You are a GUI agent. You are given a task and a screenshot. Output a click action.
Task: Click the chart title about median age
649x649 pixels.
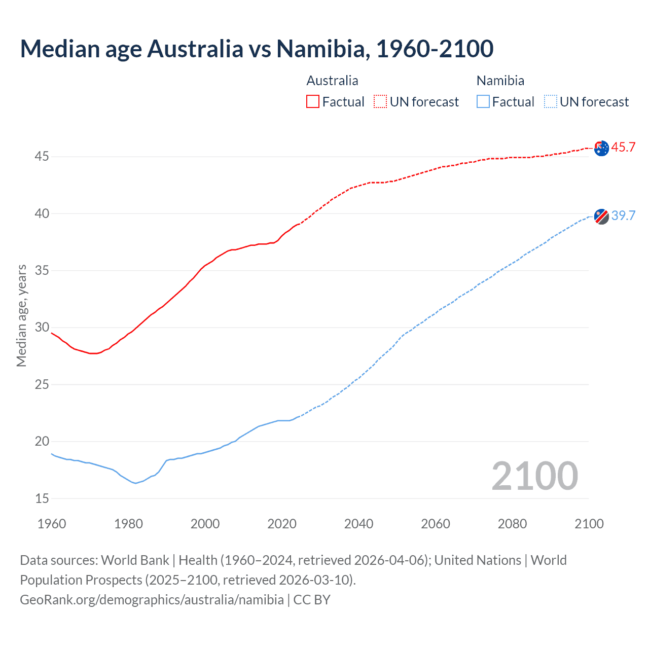[257, 49]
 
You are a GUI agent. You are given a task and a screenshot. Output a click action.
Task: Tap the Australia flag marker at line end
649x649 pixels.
[601, 148]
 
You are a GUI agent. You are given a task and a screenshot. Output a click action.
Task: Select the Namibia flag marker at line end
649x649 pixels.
[601, 216]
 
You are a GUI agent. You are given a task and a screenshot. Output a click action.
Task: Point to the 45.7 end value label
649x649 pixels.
[623, 148]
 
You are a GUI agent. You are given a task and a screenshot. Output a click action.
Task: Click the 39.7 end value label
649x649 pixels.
[623, 215]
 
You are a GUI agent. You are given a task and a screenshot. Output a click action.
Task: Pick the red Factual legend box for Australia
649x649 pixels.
[313, 101]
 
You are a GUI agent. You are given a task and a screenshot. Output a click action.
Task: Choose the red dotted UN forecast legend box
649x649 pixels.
[380, 101]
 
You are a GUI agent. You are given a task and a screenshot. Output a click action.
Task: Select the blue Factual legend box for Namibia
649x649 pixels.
[483, 101]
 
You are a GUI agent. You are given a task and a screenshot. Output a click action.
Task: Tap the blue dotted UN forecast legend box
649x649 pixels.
[551, 101]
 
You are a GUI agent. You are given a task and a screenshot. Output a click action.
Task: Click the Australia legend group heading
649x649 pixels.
[332, 81]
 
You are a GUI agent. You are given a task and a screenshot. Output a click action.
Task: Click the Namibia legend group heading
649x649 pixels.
[500, 81]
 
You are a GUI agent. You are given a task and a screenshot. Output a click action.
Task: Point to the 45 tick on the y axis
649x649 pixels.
[42, 157]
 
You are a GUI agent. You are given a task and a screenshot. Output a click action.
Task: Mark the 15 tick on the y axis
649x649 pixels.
[42, 498]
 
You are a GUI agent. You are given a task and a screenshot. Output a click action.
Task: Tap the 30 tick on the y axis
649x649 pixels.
[42, 328]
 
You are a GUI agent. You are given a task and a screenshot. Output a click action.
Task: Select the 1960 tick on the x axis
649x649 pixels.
[52, 524]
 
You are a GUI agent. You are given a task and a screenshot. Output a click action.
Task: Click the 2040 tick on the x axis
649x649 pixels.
[358, 524]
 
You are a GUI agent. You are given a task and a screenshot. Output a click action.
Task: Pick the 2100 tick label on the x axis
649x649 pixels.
[589, 524]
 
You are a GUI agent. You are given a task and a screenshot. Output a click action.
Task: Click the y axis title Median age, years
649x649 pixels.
[21, 315]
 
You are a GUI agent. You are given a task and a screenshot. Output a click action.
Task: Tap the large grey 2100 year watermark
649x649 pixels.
[534, 476]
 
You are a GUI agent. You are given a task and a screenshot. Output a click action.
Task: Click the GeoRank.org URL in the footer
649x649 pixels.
[152, 600]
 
